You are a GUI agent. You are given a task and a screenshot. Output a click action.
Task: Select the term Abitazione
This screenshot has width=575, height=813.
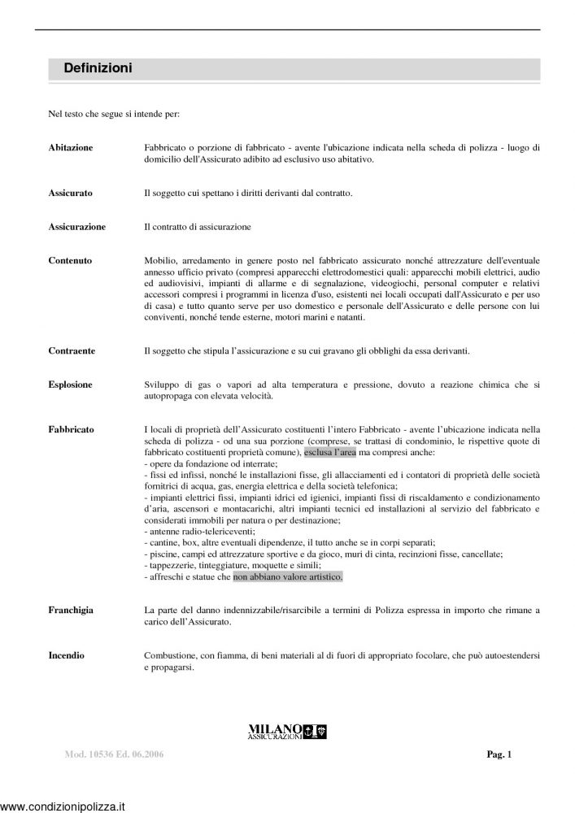coord(71,147)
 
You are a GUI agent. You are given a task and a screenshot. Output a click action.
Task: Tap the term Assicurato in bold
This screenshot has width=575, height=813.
coord(70,193)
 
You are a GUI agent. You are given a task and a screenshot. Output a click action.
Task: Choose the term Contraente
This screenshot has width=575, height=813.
coord(72,350)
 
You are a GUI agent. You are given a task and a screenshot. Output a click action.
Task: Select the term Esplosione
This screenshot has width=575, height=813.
coord(71,384)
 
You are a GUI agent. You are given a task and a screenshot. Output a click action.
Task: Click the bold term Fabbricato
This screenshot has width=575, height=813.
coord(71,428)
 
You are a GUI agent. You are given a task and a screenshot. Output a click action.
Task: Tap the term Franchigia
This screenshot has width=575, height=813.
coord(72,609)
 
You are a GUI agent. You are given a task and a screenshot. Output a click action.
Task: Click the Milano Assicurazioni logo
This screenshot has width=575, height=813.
coord(287,732)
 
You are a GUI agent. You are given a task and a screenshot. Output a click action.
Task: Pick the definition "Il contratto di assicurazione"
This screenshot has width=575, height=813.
coord(197,226)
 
